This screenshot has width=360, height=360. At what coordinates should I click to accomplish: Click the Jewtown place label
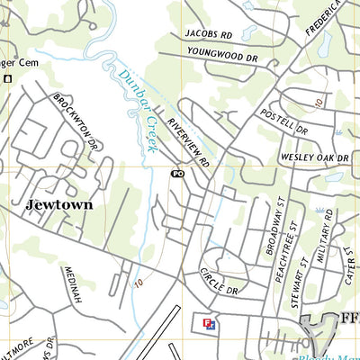pos(59,204)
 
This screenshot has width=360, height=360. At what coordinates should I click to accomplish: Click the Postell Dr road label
pos(283,121)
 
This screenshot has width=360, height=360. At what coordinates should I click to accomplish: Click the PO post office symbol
pos(176,173)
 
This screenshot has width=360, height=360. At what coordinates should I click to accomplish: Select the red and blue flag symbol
pos(209,322)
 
